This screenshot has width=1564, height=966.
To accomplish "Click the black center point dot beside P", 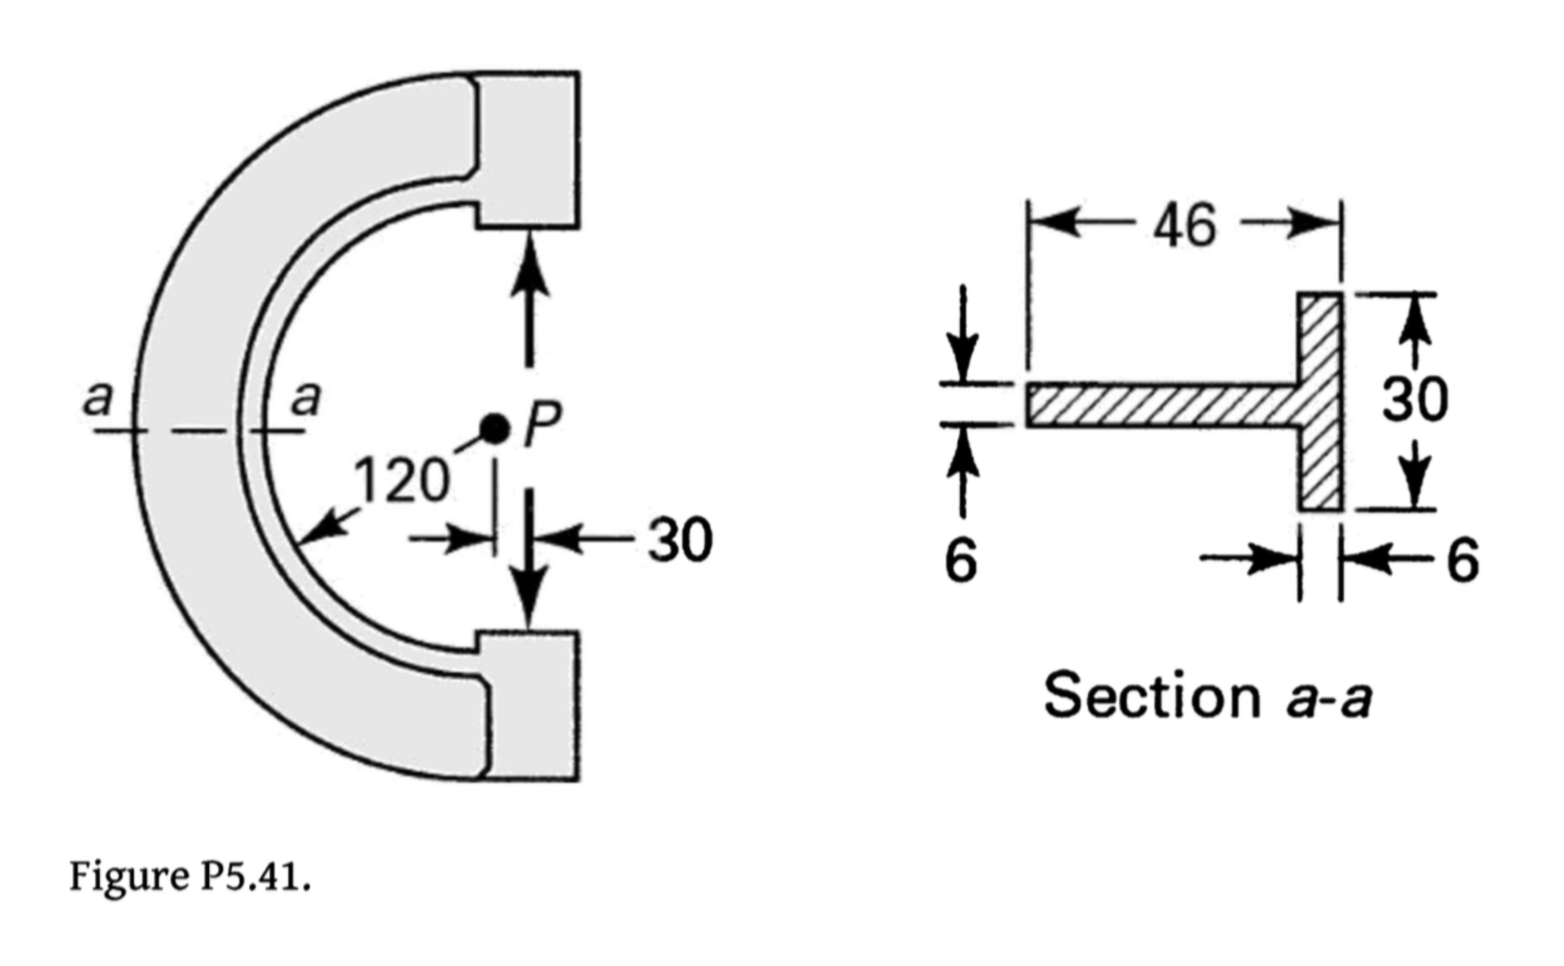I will click(x=495, y=429).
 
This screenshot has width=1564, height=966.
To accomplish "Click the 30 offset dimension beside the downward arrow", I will click(x=680, y=541).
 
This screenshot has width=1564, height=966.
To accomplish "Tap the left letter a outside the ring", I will click(x=98, y=400).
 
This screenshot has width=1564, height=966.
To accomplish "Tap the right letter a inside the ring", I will click(x=305, y=400).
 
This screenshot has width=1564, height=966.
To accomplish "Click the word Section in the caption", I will click(x=1151, y=696).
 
